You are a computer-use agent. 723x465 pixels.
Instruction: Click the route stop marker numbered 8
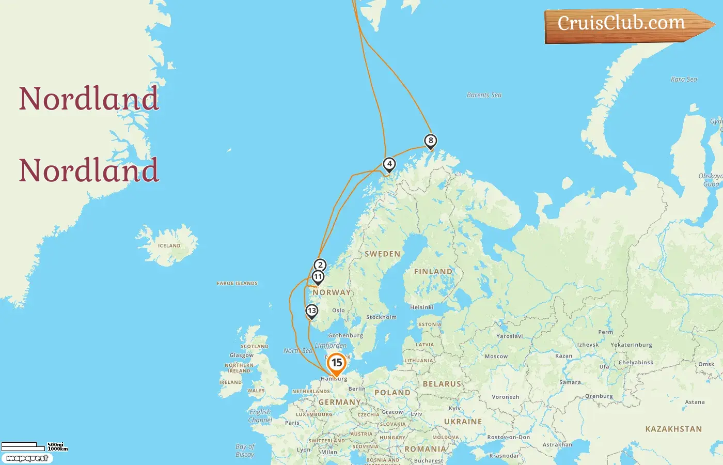coord(430,141)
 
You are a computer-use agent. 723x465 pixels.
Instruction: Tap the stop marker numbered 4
coord(389,164)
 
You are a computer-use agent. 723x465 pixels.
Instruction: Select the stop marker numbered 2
coord(320,265)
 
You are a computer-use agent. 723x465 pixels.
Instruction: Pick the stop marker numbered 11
coord(318,277)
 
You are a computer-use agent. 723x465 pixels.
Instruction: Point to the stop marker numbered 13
coord(311,311)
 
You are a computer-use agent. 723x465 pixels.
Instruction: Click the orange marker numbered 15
coord(336,363)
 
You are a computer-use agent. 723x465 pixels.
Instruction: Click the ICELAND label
coord(169,246)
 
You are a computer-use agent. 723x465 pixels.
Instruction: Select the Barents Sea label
coord(484,95)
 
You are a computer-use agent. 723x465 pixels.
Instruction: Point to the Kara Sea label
coord(684,80)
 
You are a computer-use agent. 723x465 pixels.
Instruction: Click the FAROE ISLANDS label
coord(237,283)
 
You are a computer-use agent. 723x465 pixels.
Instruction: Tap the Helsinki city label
coord(422,307)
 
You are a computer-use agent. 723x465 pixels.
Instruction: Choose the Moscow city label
coord(496,357)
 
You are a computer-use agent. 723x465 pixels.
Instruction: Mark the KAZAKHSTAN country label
coord(673,429)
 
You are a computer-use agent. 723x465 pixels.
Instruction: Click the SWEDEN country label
coord(383,254)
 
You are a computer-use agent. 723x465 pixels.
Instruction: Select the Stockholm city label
coord(381,317)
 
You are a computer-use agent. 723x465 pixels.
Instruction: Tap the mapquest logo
coord(27,458)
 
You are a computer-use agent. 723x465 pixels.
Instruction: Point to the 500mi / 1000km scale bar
coord(34,446)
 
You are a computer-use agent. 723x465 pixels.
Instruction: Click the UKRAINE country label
coord(463,422)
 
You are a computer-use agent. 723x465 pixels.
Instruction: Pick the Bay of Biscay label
coord(245,451)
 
